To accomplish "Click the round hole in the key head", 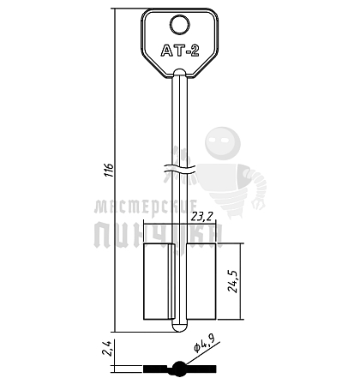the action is point(180,25).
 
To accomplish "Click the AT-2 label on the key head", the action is point(180,51).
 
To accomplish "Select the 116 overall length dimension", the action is point(110,171).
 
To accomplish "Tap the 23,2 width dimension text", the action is point(202,217).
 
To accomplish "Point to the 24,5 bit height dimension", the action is point(234,281).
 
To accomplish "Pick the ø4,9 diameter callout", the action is point(205,345).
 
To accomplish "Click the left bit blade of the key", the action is point(159,281).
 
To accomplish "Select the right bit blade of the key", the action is point(201,281).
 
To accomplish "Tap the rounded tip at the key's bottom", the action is point(180,328).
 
